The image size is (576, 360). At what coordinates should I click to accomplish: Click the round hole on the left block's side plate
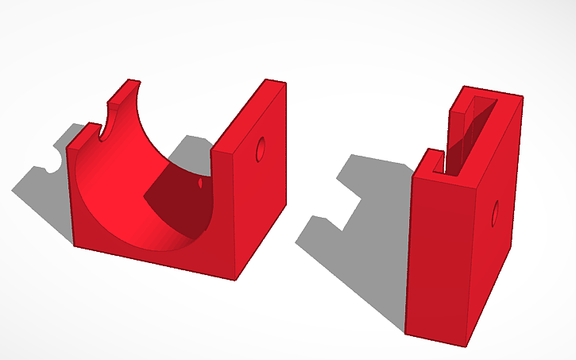260,149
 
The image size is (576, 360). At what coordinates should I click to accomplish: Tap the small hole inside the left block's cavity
200,184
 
